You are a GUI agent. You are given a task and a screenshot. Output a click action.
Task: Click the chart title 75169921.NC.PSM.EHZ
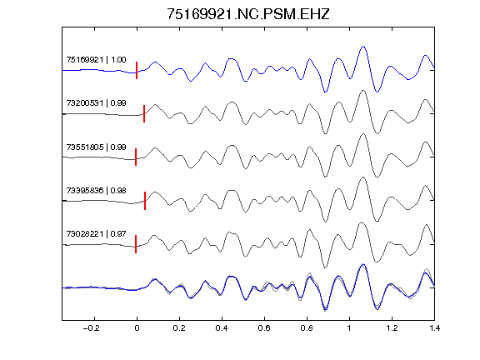point(248,14)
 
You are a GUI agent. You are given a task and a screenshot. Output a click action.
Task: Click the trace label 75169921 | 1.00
point(96,59)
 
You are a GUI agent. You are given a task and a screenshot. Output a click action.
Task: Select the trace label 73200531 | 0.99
point(96,102)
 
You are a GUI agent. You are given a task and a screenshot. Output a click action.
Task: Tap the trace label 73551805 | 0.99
point(96,147)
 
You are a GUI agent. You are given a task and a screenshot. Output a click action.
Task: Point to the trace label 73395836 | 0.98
point(96,190)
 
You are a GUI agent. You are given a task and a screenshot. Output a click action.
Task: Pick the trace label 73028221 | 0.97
point(96,234)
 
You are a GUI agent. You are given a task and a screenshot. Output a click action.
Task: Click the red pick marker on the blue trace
point(137,70)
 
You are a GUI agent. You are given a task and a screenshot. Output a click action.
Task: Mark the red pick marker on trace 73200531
point(144,113)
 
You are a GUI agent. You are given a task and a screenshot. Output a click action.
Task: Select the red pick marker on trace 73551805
point(136,157)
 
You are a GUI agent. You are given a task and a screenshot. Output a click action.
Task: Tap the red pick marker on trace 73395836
point(145,201)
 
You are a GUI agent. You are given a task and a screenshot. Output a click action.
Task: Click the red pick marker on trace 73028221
point(136,244)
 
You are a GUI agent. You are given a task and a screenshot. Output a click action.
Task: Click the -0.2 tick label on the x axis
point(92,328)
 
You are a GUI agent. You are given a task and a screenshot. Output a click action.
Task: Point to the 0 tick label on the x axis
point(137,328)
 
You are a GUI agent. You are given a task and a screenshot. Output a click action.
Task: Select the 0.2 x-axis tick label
point(179,328)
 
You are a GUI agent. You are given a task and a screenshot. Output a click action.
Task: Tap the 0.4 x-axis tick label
point(222,328)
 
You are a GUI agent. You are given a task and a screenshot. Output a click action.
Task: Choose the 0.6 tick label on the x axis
point(264,328)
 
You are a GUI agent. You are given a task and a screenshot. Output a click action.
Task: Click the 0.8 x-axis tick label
point(307,328)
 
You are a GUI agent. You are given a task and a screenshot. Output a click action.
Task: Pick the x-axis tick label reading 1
point(349,328)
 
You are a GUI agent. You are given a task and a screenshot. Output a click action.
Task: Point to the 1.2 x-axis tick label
point(392,328)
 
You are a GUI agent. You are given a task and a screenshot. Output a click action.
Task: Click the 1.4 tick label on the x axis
point(434,328)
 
